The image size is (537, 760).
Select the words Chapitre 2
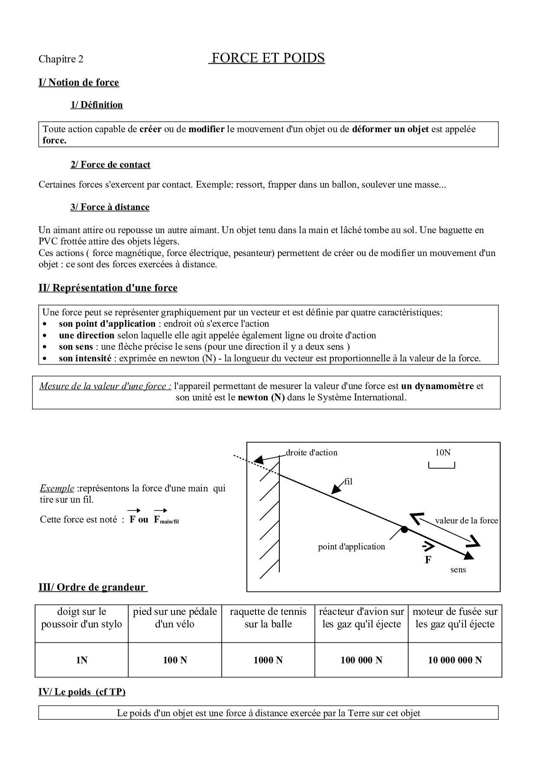[x=61, y=59]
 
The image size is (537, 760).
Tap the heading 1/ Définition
[x=97, y=105]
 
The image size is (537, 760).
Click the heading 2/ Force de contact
[x=110, y=165]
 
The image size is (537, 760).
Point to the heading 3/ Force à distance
[x=110, y=207]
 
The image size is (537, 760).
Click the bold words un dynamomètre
[x=437, y=386]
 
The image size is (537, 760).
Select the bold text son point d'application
[x=107, y=324]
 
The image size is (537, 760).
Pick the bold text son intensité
[x=85, y=358]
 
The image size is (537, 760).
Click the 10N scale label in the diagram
[x=443, y=452]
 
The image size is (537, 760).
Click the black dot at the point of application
[x=404, y=529]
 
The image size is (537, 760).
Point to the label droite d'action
[x=311, y=452]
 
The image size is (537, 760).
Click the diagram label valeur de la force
[x=466, y=521]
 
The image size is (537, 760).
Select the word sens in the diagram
[x=458, y=569]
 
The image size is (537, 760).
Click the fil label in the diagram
[x=348, y=481]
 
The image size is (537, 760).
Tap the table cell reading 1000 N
[x=268, y=660]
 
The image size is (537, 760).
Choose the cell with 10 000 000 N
[x=455, y=660]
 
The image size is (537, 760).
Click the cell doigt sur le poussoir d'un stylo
[x=81, y=618]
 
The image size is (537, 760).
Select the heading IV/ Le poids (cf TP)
[x=82, y=692]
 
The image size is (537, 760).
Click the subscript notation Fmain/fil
[x=166, y=520]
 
